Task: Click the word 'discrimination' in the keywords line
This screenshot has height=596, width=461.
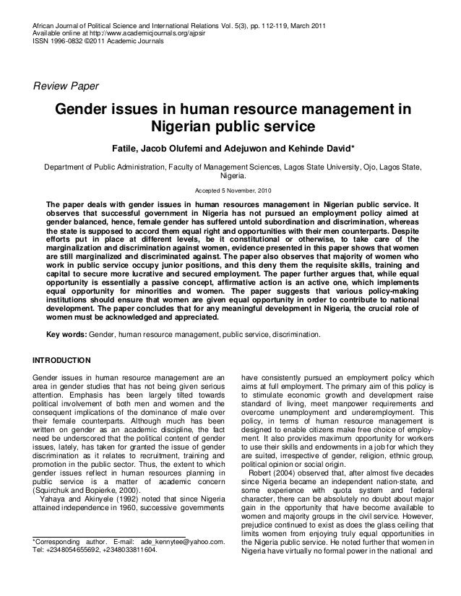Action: pyautogui.click(x=297, y=335)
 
